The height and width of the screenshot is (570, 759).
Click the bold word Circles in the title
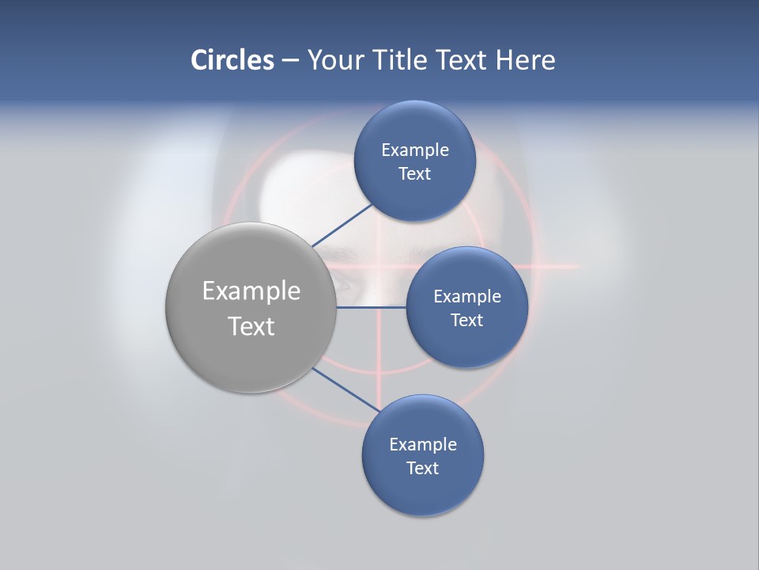click(x=232, y=60)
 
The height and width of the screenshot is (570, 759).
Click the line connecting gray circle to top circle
click(x=342, y=226)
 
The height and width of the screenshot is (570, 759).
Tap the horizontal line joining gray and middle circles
click(x=371, y=307)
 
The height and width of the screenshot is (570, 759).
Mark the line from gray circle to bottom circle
click(x=346, y=389)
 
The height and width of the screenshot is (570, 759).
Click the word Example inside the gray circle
click(x=251, y=291)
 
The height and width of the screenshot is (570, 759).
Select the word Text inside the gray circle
click(x=251, y=326)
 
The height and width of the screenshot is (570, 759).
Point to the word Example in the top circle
click(x=415, y=150)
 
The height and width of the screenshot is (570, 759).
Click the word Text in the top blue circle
click(x=414, y=174)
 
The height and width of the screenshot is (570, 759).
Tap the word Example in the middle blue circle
click(x=467, y=296)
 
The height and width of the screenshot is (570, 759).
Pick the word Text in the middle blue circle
click(x=466, y=320)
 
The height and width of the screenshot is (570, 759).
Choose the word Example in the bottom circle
click(x=423, y=444)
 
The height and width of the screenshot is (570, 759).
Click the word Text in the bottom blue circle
click(x=422, y=468)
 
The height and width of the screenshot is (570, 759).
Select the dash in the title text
click(x=289, y=61)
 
